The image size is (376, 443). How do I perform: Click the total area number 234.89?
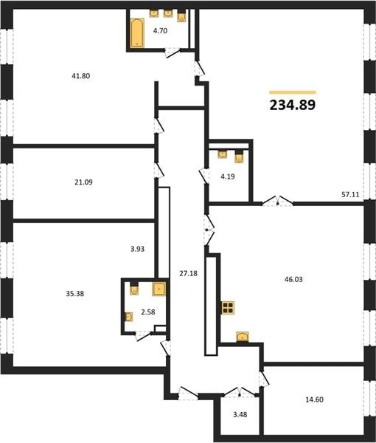point(293,105)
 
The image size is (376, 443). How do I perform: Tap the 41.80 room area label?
point(81,76)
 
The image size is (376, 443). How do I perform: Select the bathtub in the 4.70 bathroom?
point(137,32)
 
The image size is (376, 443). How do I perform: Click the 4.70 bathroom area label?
point(160,31)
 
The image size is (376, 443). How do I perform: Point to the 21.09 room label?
point(83,182)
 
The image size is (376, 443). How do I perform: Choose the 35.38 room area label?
point(75,294)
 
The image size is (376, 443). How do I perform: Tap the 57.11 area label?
point(350,194)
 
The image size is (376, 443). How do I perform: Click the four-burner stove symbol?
point(228,308)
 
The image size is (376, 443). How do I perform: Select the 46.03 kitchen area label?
point(293,279)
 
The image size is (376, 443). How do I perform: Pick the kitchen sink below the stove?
point(243,337)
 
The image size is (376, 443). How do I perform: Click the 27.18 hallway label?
point(189,273)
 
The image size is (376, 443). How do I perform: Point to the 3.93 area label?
point(137,249)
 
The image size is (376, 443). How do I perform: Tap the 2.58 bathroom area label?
point(148,312)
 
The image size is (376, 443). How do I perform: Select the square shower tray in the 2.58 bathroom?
point(159,289)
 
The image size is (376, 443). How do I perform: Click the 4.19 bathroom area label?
point(228,176)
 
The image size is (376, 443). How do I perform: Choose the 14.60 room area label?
point(315,399)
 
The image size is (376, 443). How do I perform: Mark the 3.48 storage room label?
point(240,414)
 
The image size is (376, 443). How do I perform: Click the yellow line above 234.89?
point(293,92)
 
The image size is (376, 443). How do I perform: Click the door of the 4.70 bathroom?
point(173,52)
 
